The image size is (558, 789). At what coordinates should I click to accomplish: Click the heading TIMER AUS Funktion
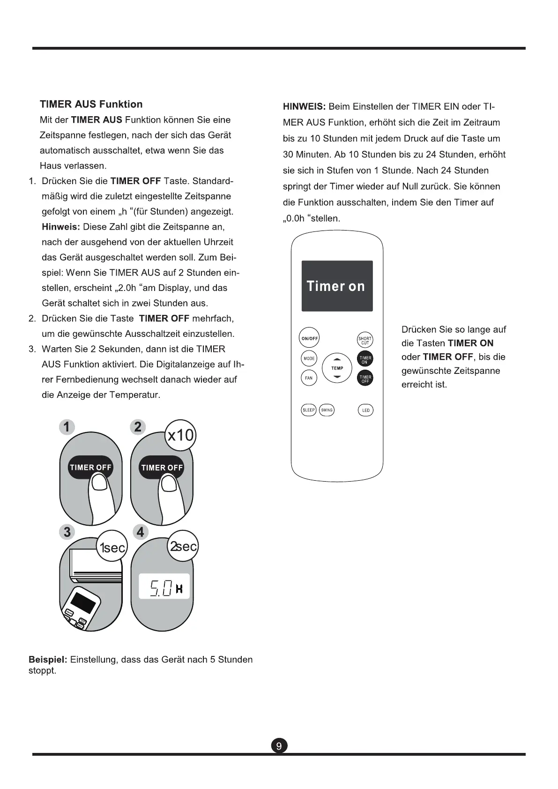(x=91, y=104)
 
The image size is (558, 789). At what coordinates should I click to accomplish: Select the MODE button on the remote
(x=309, y=358)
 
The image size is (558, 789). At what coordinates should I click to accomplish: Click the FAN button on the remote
(x=309, y=378)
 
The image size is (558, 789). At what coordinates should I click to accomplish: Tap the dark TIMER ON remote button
(x=365, y=359)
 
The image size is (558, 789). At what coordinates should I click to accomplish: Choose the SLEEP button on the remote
(x=309, y=410)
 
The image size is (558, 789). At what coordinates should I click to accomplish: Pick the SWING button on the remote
(x=327, y=410)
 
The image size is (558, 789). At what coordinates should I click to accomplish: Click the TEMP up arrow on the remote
(x=337, y=360)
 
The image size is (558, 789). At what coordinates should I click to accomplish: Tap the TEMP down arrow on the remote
(x=337, y=377)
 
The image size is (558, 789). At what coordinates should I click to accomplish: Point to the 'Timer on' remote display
(x=337, y=286)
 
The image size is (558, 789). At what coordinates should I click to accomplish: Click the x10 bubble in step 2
(x=180, y=435)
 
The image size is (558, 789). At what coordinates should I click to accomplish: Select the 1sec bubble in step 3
(x=112, y=547)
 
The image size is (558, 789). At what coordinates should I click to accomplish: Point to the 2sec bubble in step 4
(x=183, y=546)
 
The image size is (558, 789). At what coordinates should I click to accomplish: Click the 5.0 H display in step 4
(x=164, y=587)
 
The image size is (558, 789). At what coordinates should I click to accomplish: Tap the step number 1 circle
(x=67, y=427)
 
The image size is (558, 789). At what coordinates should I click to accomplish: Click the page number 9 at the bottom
(x=279, y=746)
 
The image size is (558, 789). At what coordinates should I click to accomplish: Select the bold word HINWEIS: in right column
(x=304, y=107)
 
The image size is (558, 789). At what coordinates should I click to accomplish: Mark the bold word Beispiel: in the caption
(x=48, y=660)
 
